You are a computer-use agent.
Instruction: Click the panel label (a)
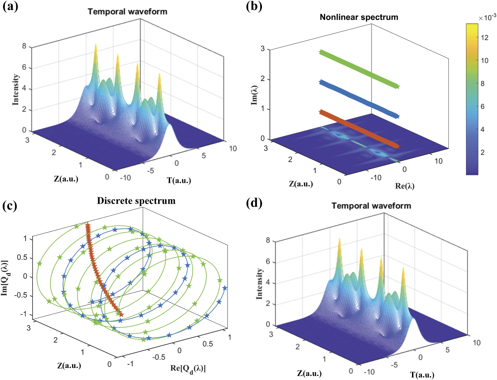coord(10,6)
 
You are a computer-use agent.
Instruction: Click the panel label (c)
coord(10,206)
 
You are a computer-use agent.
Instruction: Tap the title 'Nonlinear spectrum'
coord(359,17)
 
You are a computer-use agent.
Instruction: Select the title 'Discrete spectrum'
coord(136,201)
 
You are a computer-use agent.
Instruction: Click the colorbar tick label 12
coord(484,37)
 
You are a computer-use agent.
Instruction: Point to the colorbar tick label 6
coord(483,107)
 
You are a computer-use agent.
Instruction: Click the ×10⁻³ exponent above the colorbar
coord(487,18)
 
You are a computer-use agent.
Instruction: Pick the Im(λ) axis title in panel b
coord(254,95)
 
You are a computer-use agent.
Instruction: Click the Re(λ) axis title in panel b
coord(405,186)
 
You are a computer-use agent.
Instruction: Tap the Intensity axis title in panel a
coord(16,89)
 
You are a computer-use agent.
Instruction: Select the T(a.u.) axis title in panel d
coord(422,375)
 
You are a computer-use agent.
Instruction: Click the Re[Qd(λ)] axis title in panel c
coord(188,369)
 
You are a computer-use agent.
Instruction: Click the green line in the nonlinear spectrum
coord(359,69)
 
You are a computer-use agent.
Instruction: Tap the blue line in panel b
coord(359,99)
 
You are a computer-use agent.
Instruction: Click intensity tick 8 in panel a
coord(24,46)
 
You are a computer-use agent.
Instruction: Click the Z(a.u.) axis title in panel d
coord(309,373)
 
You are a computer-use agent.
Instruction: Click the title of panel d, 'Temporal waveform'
coord(371,206)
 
